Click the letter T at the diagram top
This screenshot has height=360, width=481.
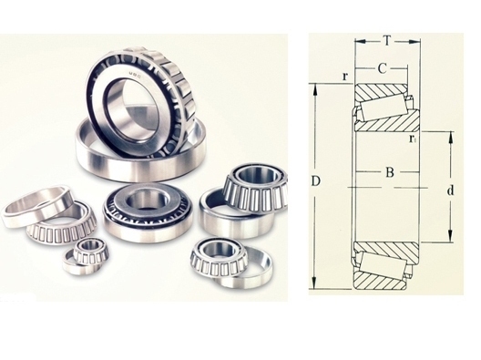tap(387, 40)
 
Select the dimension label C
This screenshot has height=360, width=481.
tap(382, 69)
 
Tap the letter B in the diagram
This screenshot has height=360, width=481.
tap(390, 172)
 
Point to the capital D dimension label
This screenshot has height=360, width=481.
tap(316, 181)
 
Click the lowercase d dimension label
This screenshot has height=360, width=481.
tap(450, 190)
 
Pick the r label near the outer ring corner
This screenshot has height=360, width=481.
tap(345, 77)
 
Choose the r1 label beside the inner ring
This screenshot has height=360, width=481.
tap(413, 139)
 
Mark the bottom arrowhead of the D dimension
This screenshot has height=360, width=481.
tap(314, 283)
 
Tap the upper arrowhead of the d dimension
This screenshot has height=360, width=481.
tap(450, 138)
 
